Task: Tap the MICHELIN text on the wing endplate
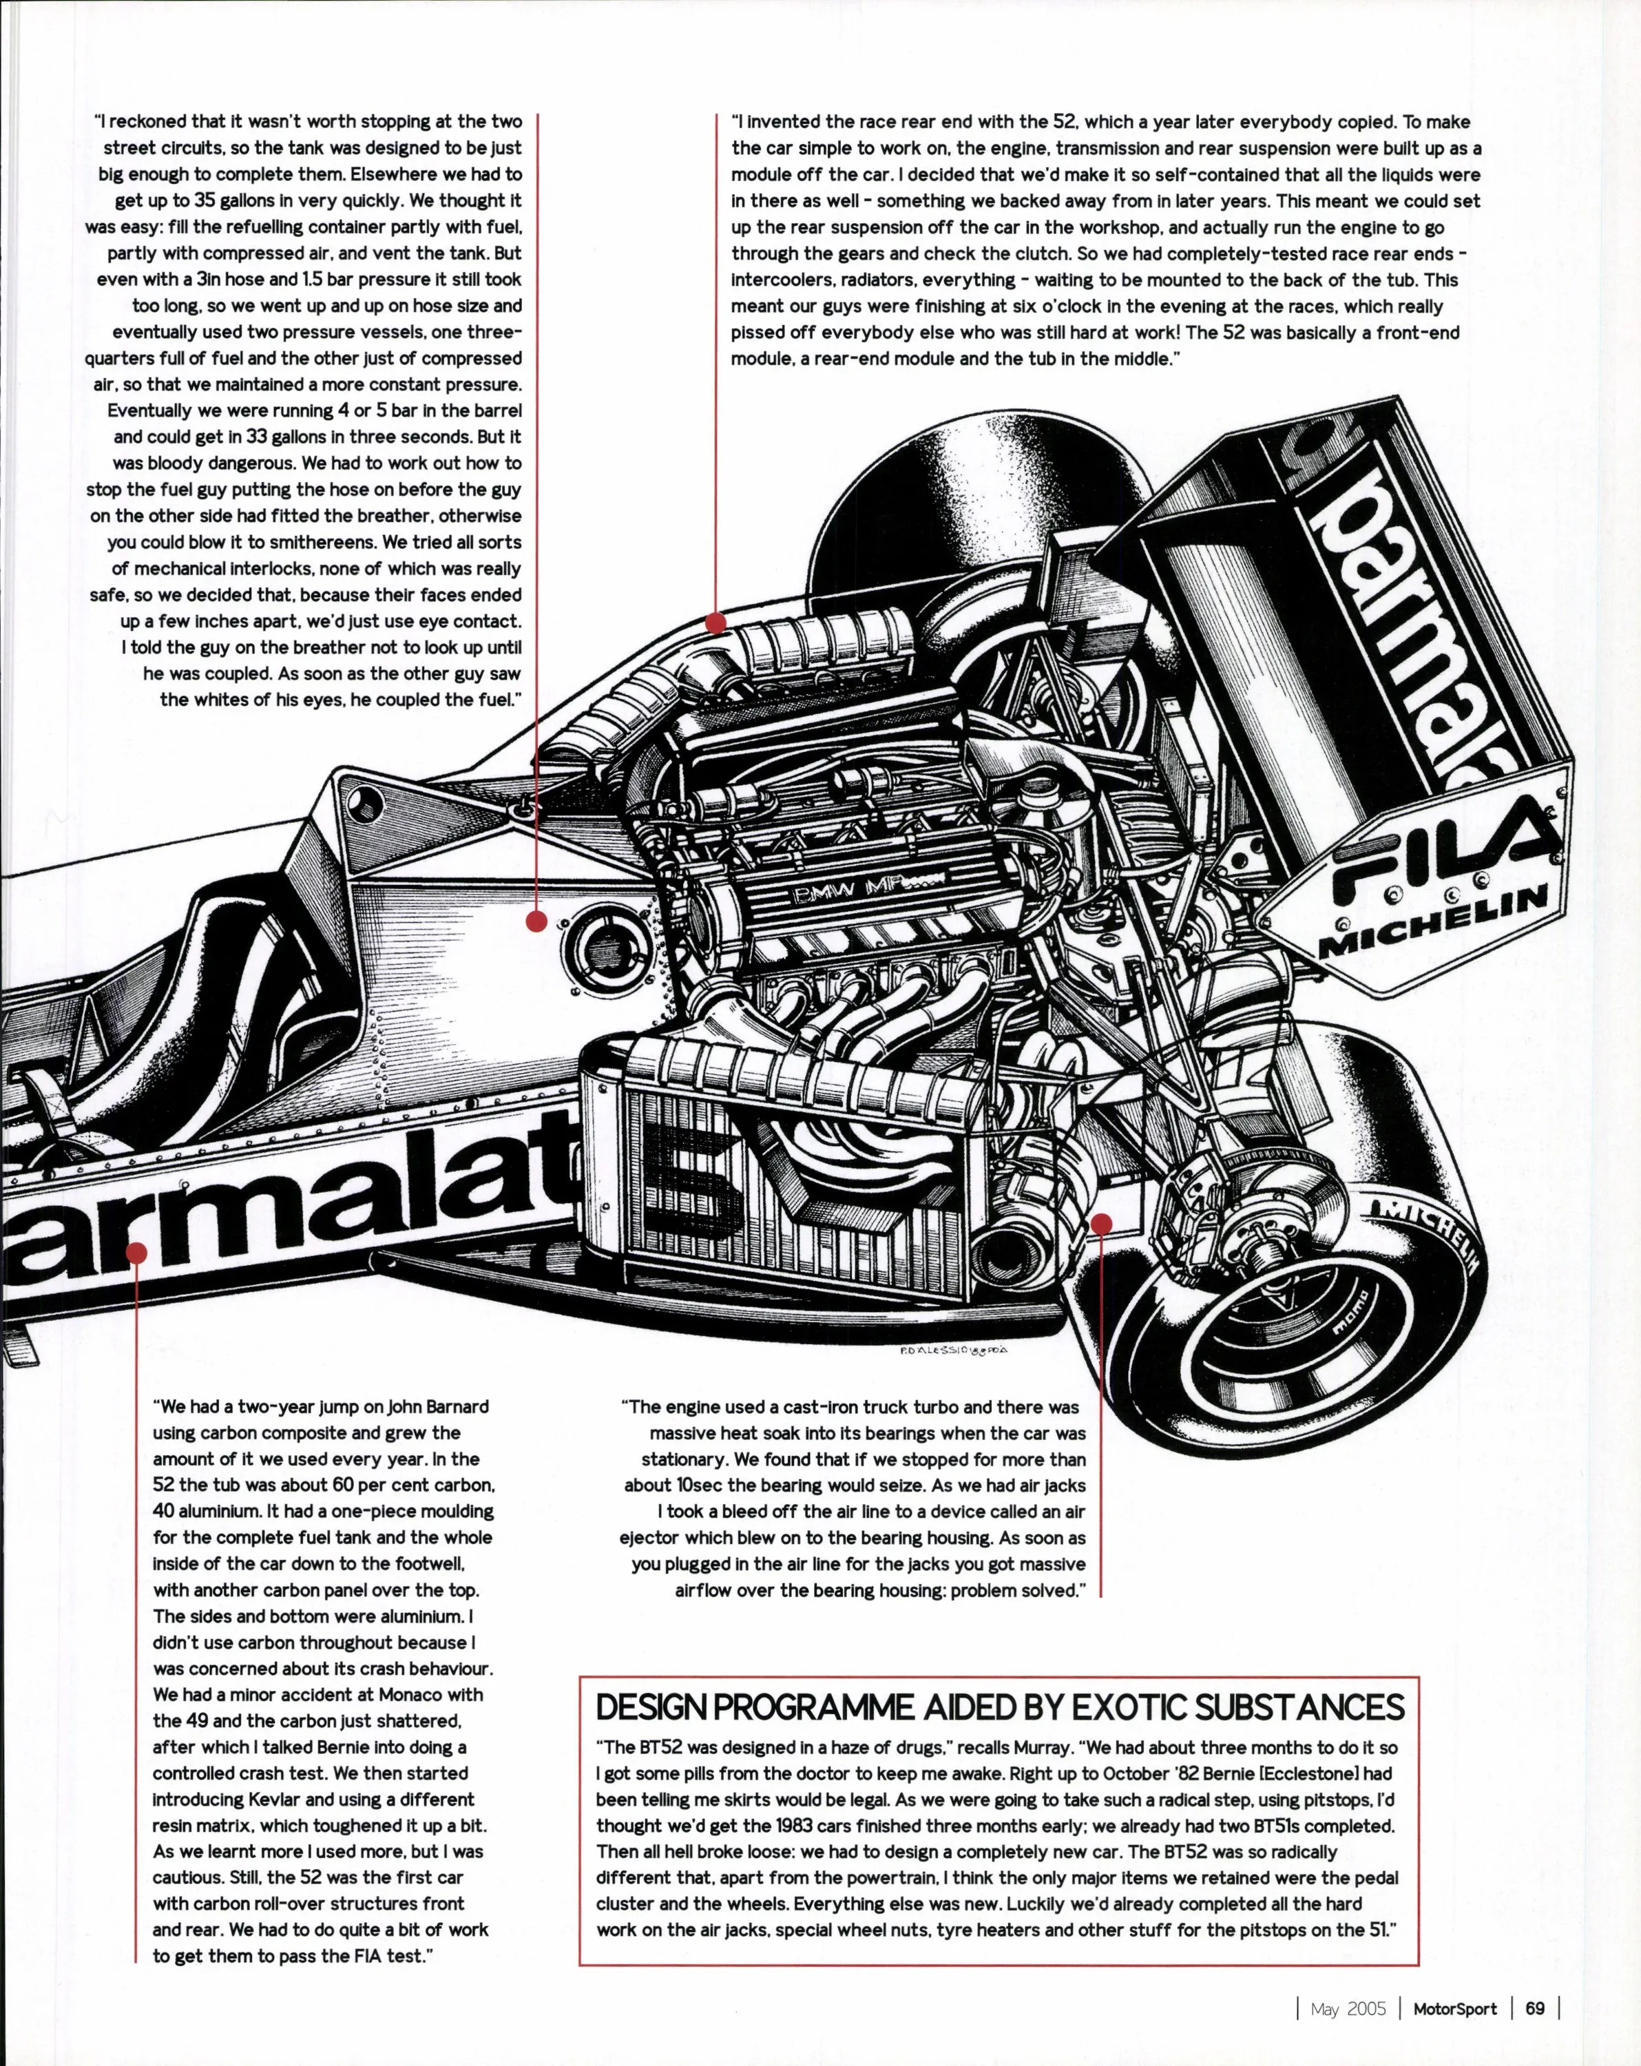[1434, 922]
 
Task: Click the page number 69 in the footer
[1535, 2007]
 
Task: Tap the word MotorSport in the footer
[1454, 2007]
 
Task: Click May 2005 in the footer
[1348, 2007]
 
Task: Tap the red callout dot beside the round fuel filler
[536, 921]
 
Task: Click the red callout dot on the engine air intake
[715, 623]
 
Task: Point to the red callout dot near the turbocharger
[1100, 1224]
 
